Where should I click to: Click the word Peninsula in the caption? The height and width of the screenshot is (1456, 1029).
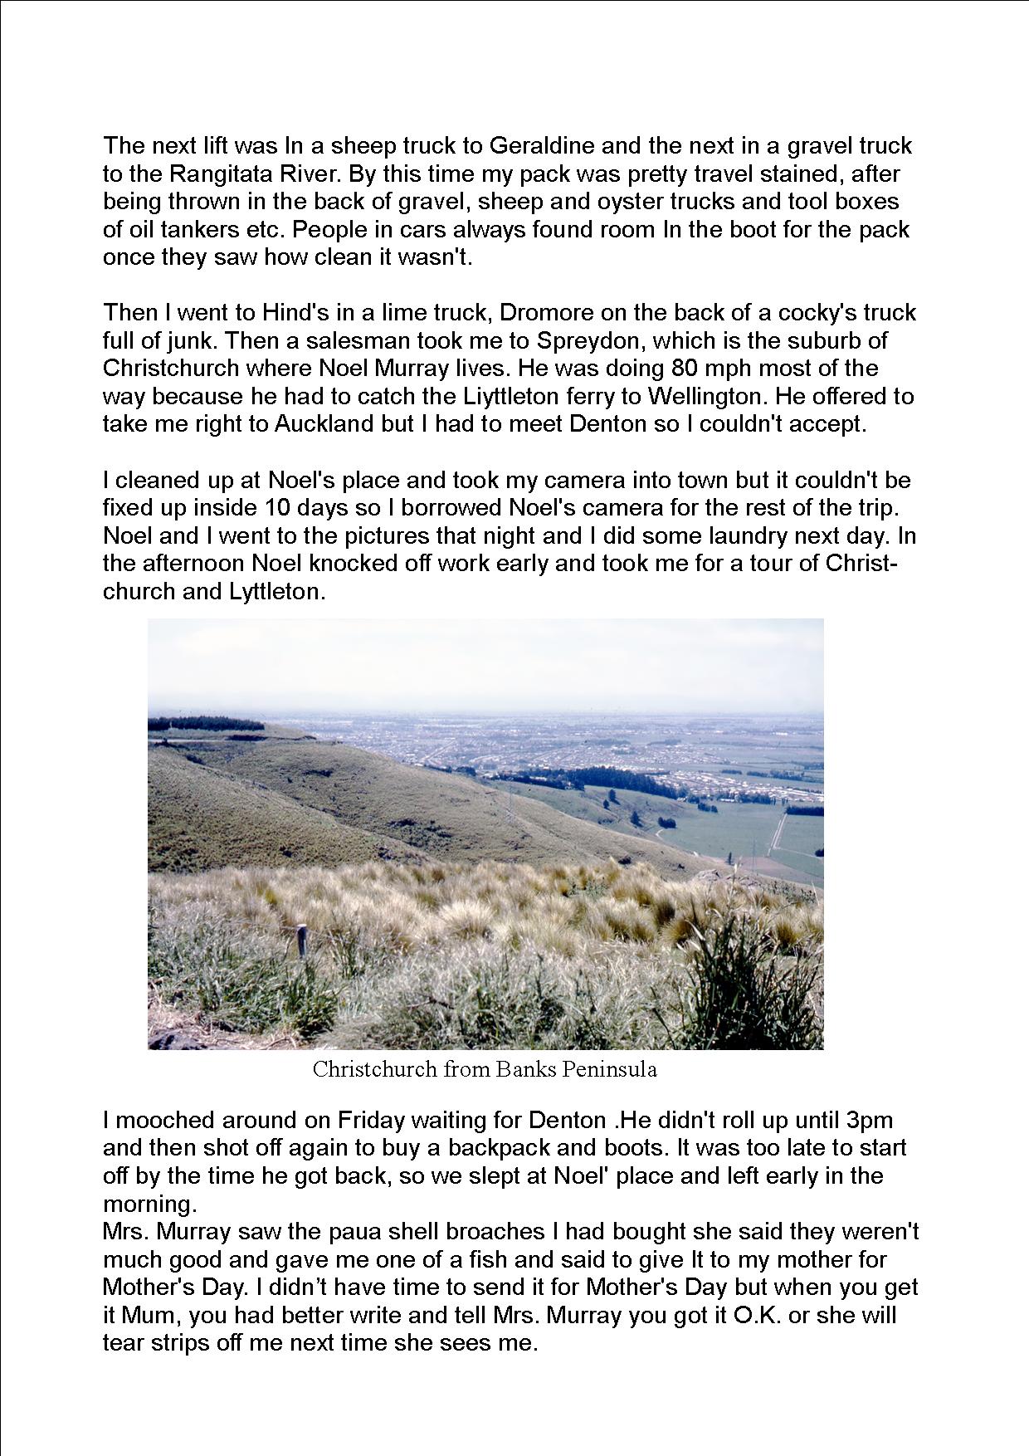pyautogui.click(x=610, y=1069)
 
